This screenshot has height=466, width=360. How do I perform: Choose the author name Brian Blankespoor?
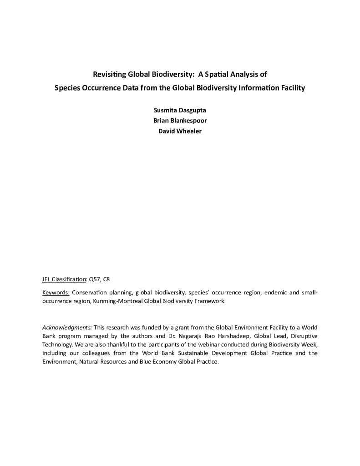180,121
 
